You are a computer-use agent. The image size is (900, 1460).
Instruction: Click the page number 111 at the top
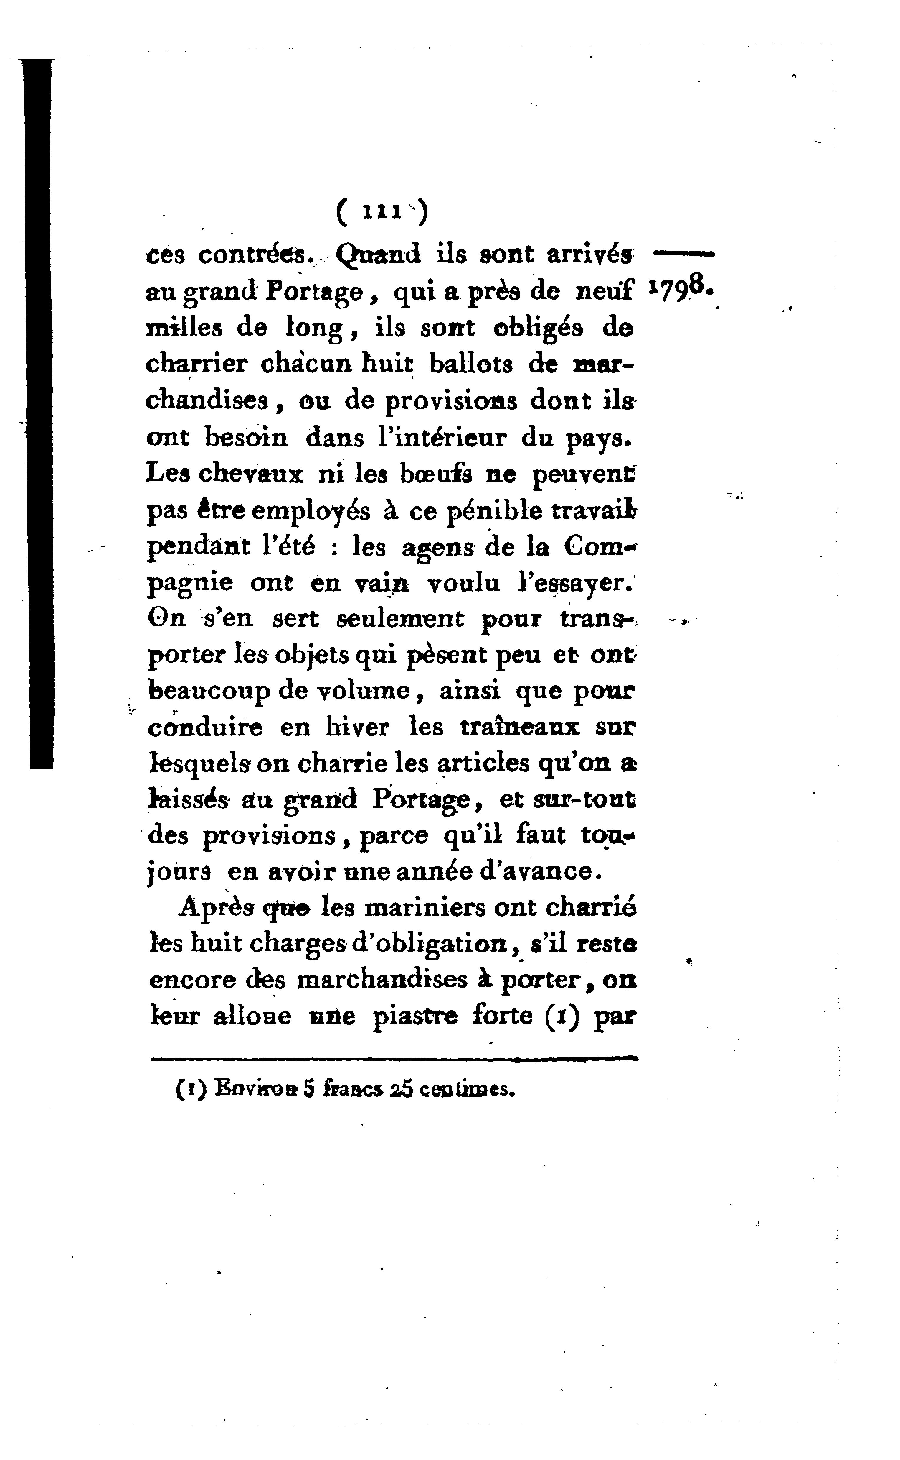[x=381, y=213]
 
